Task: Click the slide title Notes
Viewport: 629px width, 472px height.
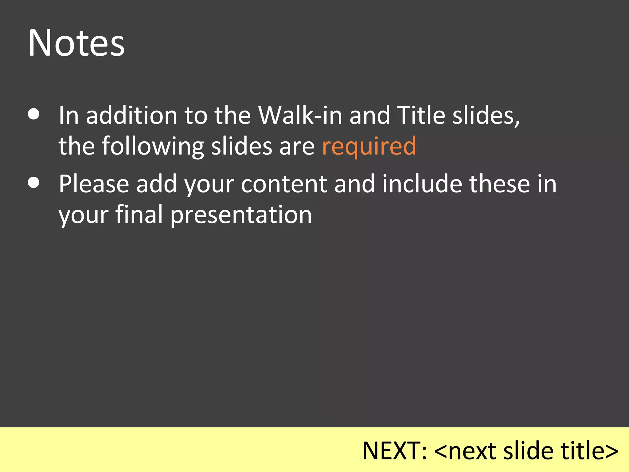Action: [76, 43]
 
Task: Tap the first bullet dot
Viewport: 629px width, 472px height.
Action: [33, 114]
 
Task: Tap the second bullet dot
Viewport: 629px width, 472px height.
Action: [33, 183]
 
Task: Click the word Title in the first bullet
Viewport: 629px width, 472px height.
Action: [421, 115]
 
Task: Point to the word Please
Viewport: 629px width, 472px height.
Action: [94, 184]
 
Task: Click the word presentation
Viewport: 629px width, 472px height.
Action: [241, 215]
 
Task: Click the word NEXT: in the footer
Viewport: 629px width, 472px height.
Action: [395, 451]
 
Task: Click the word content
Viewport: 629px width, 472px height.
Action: [284, 184]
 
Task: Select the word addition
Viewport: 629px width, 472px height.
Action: [131, 115]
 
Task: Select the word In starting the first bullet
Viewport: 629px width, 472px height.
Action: [69, 115]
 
